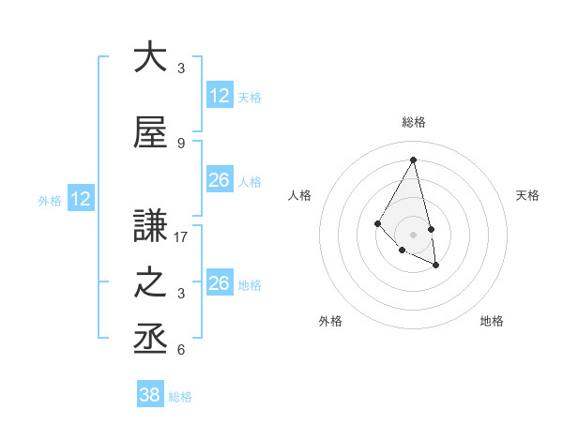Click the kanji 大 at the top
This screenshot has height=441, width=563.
(150, 57)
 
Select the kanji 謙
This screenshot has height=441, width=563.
(150, 226)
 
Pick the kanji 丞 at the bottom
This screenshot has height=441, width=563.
(150, 339)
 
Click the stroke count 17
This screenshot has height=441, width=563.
(182, 237)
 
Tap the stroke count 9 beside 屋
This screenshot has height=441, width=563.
(181, 144)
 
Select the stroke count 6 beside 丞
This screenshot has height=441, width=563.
(181, 350)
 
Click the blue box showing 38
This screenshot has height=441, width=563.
(150, 395)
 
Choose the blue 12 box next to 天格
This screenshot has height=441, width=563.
(220, 96)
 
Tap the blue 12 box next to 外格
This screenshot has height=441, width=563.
(80, 199)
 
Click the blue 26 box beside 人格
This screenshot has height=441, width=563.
(220, 180)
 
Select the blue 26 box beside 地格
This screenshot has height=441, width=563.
(220, 283)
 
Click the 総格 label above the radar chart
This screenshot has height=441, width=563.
(414, 122)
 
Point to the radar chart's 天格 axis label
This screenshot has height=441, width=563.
(528, 195)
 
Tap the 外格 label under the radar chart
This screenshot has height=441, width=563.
(330, 322)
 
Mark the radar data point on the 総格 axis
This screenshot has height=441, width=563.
(414, 160)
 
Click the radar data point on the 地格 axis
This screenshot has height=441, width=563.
(436, 266)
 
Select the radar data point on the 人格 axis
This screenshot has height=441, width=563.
(377, 222)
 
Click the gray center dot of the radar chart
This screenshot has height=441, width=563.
(414, 234)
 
